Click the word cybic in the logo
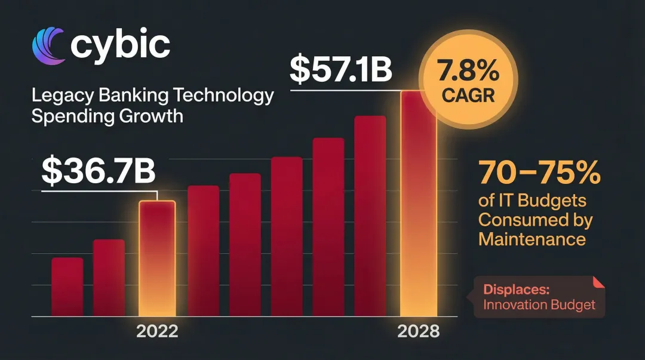pos(119,45)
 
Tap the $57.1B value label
pos(341,70)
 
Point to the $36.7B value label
pos(99,171)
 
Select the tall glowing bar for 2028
pos(418,203)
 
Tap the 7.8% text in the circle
pos(469,73)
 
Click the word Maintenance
pos(532,239)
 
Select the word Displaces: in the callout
pos(516,290)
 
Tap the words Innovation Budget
pos(539,305)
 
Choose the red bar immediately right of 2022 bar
pos(204,251)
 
